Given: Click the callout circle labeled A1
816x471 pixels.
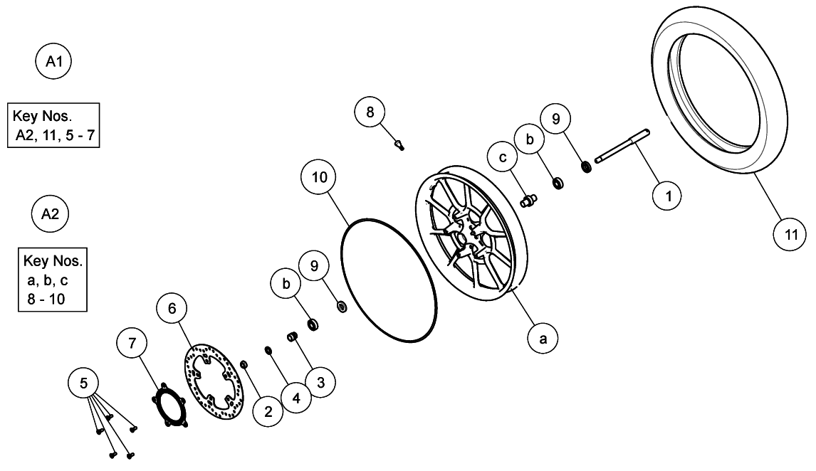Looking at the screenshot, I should (x=54, y=63).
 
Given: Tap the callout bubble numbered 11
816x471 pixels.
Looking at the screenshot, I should (x=791, y=234).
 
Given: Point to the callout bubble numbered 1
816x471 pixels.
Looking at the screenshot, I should (x=666, y=195).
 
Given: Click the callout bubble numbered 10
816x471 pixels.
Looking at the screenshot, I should (x=319, y=178).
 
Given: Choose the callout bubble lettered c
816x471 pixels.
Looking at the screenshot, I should (x=503, y=157).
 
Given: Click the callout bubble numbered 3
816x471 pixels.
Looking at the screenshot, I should (x=320, y=382).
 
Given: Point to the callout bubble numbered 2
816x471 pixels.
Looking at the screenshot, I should (x=268, y=411).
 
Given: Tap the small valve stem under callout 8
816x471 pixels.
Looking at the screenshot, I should (x=399, y=146).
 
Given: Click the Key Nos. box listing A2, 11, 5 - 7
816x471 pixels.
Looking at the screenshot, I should (x=53, y=125).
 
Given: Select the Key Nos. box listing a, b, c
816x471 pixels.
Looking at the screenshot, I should (x=52, y=279).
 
